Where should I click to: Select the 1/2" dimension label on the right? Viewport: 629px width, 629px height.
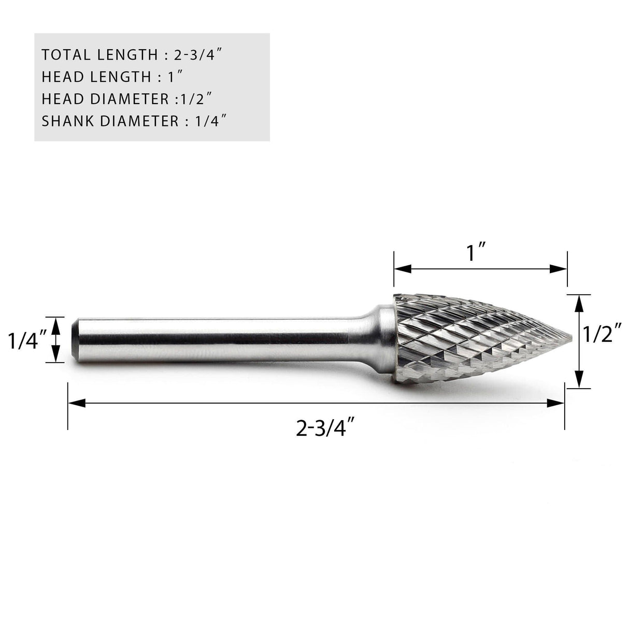point(602,337)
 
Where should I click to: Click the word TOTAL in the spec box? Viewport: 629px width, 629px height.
point(61,54)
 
